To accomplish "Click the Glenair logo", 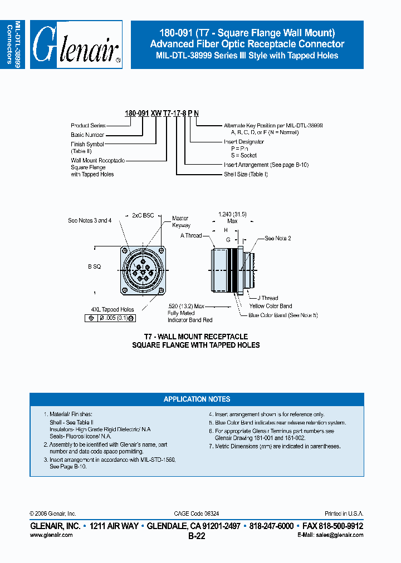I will pyautogui.click(x=76, y=45).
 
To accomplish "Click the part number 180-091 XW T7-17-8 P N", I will pyautogui.click(x=162, y=113).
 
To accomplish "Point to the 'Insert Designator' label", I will pyautogui.click(x=243, y=142).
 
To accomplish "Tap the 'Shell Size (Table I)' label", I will pyautogui.click(x=246, y=174).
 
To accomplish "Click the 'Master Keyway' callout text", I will pyautogui.click(x=181, y=222).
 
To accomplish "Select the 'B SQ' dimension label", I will pyautogui.click(x=94, y=267).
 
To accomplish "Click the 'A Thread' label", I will pyautogui.click(x=191, y=236).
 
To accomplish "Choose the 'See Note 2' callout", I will pyautogui.click(x=277, y=238).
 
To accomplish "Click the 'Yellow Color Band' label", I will pyautogui.click(x=270, y=306).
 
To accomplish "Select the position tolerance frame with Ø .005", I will pyautogui.click(x=111, y=318).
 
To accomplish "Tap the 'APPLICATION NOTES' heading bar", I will pyautogui.click(x=197, y=399).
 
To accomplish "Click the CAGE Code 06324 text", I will pyautogui.click(x=197, y=513).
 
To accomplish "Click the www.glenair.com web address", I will pyautogui.click(x=51, y=535).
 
